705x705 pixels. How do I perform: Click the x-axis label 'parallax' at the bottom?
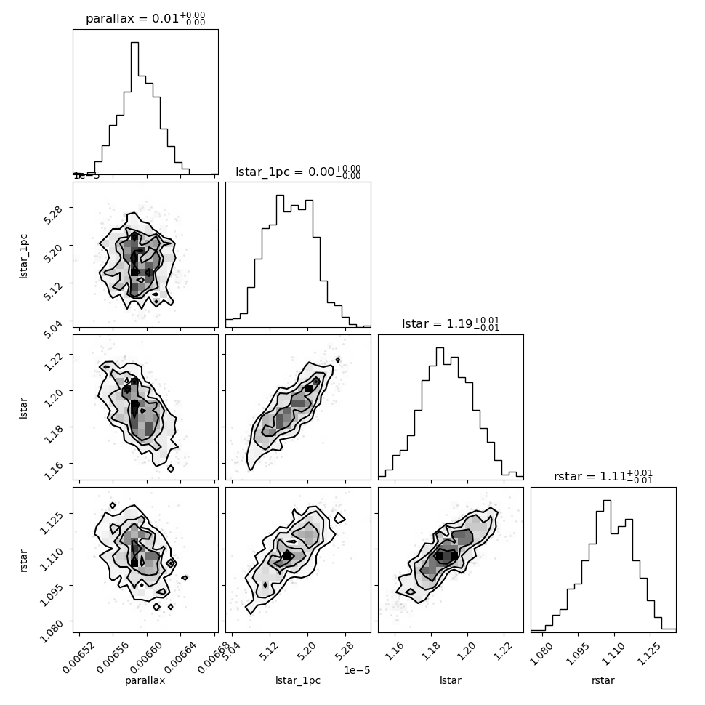(x=145, y=680)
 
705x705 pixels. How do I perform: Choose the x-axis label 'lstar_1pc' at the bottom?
(x=298, y=680)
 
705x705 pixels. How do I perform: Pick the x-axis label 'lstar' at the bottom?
(x=451, y=680)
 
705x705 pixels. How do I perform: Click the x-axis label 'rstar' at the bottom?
(x=603, y=680)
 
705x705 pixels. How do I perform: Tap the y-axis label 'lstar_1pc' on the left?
(x=23, y=257)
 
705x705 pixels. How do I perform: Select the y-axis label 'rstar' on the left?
(x=23, y=560)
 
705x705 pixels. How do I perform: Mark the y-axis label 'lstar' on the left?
(x=23, y=408)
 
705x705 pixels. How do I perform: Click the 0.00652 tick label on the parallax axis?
(x=78, y=657)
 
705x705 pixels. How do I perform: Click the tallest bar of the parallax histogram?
(x=135, y=108)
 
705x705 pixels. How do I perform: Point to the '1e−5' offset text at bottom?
(x=357, y=670)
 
